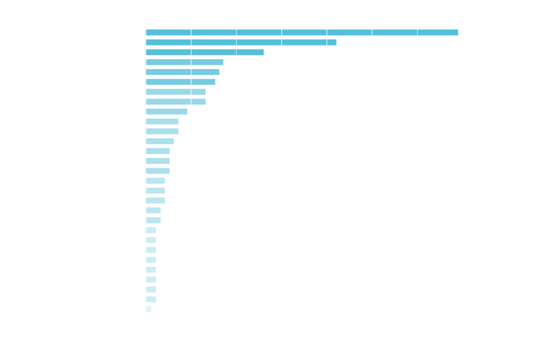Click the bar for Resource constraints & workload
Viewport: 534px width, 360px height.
(302, 32)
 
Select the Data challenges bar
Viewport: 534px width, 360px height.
(241, 42)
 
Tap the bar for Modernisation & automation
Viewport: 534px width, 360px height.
(205, 52)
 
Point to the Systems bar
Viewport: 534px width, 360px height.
(184, 62)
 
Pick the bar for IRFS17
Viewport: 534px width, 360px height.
(167, 112)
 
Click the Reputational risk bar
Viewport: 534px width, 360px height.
(148, 309)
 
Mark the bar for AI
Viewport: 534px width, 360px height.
(181, 81)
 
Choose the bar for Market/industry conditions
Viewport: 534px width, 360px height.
(176, 102)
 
